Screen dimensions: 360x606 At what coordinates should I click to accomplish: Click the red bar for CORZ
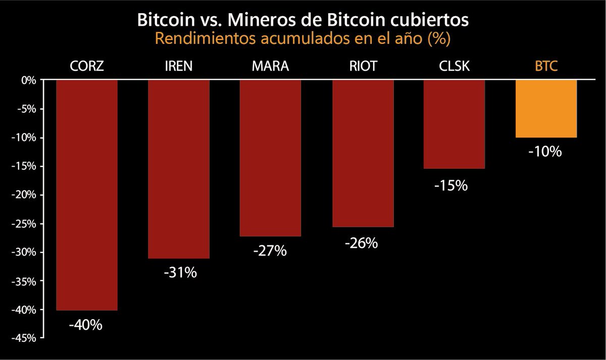[x=87, y=195]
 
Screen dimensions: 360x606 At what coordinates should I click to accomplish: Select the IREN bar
[x=178, y=169]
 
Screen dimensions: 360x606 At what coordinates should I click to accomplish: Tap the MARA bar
[x=270, y=158]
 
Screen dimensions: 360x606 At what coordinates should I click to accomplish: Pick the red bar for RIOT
[x=363, y=153]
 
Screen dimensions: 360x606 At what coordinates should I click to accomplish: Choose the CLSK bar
[x=454, y=124]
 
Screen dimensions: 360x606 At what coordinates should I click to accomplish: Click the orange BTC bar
[x=546, y=109]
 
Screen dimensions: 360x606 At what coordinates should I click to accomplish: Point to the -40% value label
[x=86, y=325]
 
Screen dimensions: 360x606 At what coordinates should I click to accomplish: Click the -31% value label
[x=179, y=273]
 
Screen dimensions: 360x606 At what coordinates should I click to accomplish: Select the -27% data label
[x=270, y=250]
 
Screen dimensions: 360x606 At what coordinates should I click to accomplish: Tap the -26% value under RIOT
[x=362, y=243]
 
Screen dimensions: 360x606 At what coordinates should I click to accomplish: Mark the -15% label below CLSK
[x=451, y=185]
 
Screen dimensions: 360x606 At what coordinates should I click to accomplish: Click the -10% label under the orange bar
[x=545, y=151]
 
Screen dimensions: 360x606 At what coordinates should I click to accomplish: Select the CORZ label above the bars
[x=87, y=67]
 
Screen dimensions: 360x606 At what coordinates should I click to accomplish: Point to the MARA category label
[x=270, y=67]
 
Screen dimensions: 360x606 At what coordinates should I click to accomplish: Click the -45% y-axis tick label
[x=24, y=338]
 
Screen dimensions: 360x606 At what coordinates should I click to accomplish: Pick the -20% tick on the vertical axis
[x=24, y=195]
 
